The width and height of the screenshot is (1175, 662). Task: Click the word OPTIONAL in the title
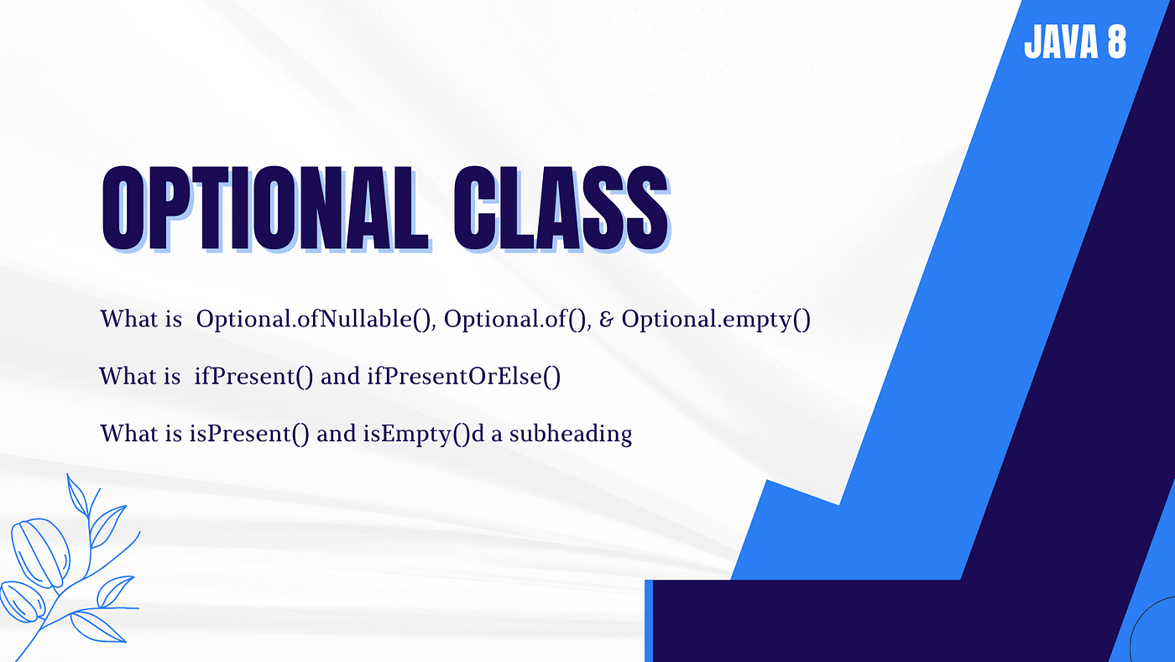265,208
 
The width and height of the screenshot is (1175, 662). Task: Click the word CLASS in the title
561,208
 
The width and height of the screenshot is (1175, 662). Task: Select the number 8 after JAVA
1117,42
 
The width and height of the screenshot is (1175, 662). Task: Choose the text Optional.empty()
716,319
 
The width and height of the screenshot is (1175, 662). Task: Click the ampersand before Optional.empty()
606,320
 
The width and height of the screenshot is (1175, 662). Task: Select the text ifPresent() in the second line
253,376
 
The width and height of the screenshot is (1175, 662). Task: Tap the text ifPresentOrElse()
463,376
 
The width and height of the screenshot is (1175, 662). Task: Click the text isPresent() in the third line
250,434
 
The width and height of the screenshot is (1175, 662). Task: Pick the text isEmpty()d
424,434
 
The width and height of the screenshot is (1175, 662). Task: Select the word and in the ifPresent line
340,376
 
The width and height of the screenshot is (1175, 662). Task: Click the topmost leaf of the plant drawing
77,495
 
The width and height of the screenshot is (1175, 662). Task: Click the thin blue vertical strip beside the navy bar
649,621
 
